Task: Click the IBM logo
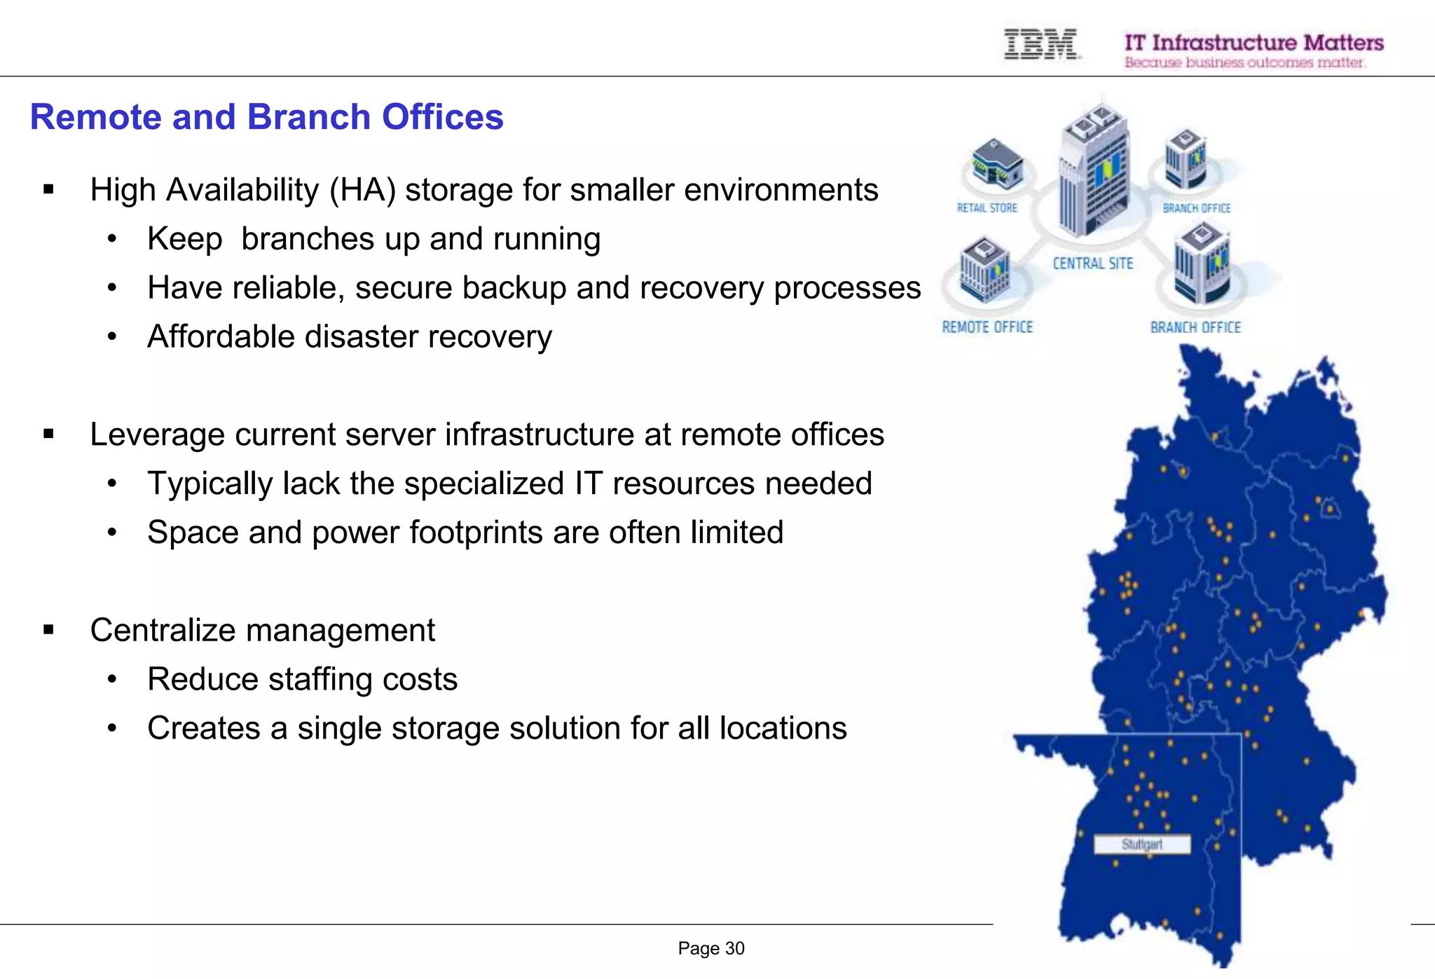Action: point(1041,44)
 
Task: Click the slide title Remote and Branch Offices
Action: point(266,117)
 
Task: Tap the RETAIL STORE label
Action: point(987,208)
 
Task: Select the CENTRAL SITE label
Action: point(1092,263)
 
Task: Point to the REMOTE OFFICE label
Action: point(987,327)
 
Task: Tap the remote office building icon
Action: point(984,270)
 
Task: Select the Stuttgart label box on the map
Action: point(1141,844)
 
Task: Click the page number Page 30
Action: point(710,948)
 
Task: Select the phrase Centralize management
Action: point(262,630)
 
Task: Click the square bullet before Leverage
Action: point(48,434)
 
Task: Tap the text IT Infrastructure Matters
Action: point(1254,43)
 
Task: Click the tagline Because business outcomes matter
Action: point(1244,63)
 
